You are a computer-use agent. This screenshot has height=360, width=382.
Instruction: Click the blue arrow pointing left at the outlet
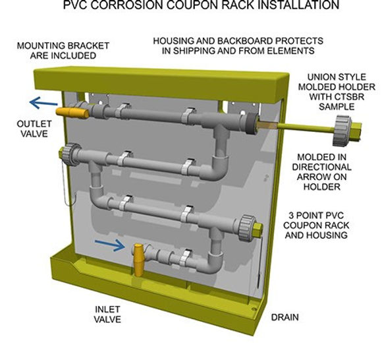pyautogui.click(x=42, y=104)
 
